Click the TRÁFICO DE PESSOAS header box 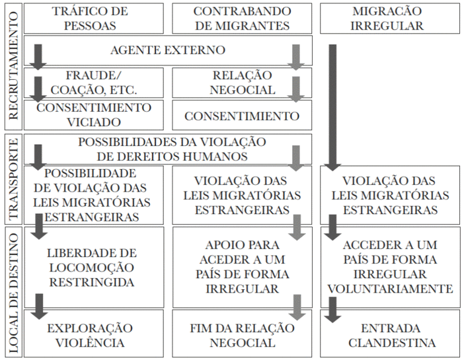tap(94, 18)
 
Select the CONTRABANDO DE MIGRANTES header tap(242, 18)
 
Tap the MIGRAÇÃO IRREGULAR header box tap(390, 18)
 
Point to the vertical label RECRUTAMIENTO tap(13, 66)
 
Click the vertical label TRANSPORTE tap(13, 179)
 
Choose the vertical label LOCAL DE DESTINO tap(13, 293)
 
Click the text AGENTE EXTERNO tap(168, 50)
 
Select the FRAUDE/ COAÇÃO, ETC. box tap(94, 83)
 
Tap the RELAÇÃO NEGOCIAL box tap(242, 83)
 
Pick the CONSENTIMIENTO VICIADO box tap(94, 115)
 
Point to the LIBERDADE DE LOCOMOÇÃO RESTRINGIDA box tap(94, 268)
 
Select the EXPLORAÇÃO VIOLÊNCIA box tap(94, 333)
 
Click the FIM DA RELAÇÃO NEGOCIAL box tap(242, 333)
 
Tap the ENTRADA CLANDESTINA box tap(390, 333)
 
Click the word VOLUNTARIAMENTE tap(390, 289)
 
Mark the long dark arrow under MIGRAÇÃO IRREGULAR tap(332, 108)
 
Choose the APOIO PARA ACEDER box tap(242, 268)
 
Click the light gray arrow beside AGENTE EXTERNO tap(296, 57)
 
